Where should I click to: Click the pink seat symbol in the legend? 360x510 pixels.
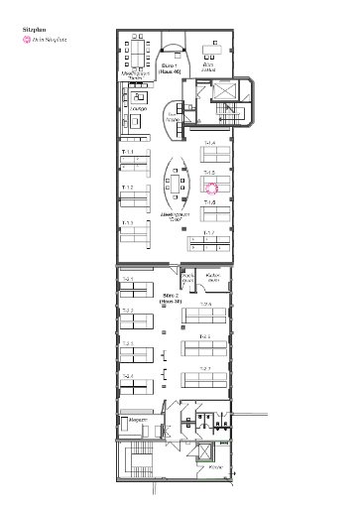[27, 42]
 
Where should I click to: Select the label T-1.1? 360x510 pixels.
[128, 152]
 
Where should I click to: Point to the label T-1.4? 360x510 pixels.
[209, 144]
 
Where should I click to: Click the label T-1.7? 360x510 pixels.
[209, 232]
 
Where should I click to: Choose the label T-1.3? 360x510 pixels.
[128, 223]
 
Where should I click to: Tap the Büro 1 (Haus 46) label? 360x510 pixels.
[170, 69]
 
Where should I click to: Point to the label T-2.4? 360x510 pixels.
[127, 376]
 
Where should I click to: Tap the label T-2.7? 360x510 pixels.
[205, 368]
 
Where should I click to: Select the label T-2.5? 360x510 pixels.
[205, 305]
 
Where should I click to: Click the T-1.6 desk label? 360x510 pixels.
[209, 202]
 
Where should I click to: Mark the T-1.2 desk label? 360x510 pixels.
[128, 188]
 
